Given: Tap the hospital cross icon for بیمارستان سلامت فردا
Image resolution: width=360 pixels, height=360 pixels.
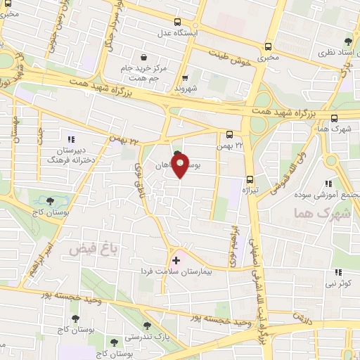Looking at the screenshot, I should coord(176,260).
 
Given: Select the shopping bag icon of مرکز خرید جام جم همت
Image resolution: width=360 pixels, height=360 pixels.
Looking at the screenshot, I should coord(143,58).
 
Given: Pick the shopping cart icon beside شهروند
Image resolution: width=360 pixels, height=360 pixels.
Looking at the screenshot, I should coord(185,79).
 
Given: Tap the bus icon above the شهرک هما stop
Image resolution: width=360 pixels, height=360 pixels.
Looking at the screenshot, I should coord(333,118).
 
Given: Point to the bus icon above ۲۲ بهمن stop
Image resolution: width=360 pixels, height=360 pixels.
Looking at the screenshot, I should coord(229,135).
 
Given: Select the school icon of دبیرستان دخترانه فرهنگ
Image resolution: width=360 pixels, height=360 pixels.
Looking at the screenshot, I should coord(70,139).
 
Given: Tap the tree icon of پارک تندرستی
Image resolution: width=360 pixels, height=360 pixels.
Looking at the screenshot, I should coord(146,326).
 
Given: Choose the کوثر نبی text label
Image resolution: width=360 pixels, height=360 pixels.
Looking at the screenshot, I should coord(337,284).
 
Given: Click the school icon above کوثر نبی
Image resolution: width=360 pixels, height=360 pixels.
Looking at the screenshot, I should coord(337,272).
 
